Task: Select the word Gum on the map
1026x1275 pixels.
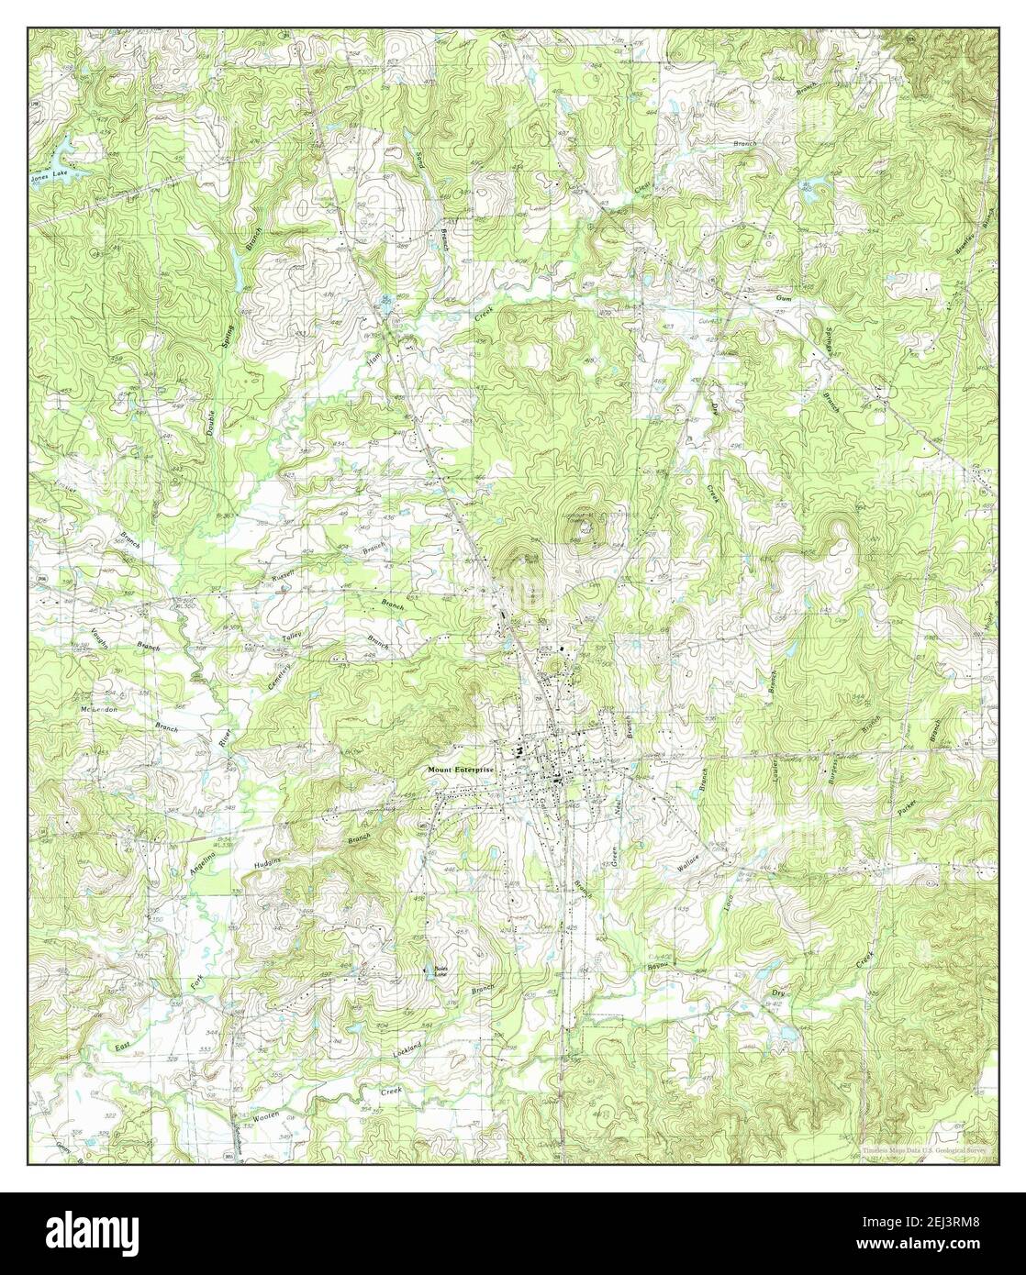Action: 783,299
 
